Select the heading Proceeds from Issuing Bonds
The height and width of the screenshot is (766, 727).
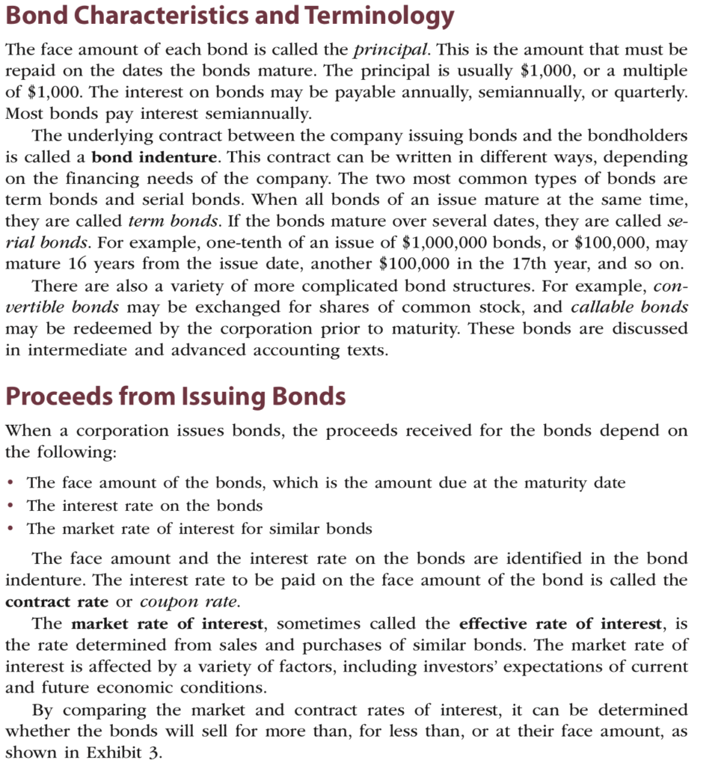pyautogui.click(x=175, y=396)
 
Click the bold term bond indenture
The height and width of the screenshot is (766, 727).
pyautogui.click(x=154, y=158)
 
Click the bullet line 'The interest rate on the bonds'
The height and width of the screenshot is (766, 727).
pyautogui.click(x=144, y=506)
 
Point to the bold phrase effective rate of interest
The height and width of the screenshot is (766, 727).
pyautogui.click(x=561, y=624)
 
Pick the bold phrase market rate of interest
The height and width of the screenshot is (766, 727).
pyautogui.click(x=167, y=624)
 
